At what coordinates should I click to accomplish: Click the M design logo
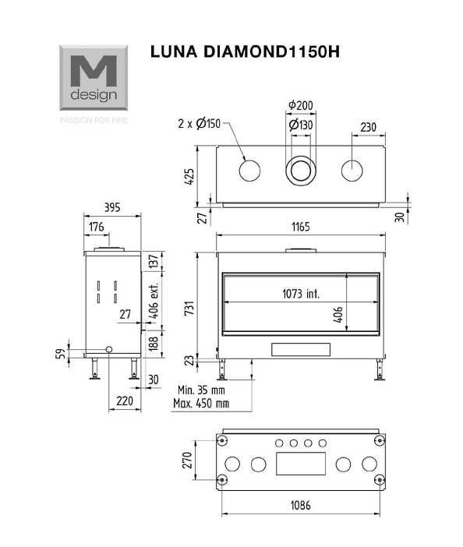pos(94,78)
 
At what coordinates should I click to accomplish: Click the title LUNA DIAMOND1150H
pos(245,51)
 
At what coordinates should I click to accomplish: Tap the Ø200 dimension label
pos(301,105)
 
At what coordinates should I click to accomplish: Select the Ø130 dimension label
pos(301,125)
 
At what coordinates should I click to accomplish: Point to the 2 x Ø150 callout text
pos(200,123)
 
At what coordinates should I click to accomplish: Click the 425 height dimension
pos(189,177)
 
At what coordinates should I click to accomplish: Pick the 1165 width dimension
pos(301,227)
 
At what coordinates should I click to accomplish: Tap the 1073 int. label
pos(301,294)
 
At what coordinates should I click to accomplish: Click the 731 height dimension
pos(189,309)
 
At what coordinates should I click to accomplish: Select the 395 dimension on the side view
pos(112,207)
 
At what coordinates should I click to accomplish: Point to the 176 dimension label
pos(97,227)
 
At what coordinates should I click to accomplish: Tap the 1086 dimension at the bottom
pos(301,505)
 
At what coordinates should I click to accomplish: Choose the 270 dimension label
pos(187,461)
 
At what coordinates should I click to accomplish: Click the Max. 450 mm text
pos(201,404)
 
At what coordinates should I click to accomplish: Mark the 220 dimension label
pos(125,401)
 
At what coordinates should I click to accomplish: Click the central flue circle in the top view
pos(301,171)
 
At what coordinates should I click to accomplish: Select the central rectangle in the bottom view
pos(301,464)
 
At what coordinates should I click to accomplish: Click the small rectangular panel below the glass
pos(301,350)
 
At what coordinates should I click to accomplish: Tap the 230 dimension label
pos(369,127)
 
